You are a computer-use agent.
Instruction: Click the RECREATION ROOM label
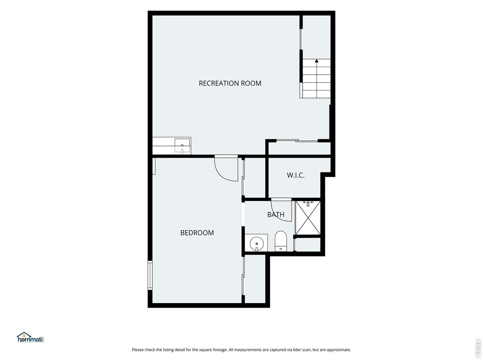(x=230, y=83)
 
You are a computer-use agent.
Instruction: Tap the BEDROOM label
(x=197, y=233)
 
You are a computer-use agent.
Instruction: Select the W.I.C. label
(x=295, y=175)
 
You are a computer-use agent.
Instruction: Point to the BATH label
(x=276, y=214)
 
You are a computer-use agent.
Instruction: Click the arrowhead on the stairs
(x=317, y=61)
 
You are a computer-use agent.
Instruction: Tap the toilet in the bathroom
(x=281, y=241)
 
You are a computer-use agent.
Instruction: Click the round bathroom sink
(x=257, y=244)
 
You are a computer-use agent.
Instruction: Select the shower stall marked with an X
(x=308, y=218)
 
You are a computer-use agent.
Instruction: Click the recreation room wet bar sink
(x=182, y=146)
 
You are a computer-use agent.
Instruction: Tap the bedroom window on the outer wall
(x=150, y=275)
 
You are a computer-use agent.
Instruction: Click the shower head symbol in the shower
(x=308, y=204)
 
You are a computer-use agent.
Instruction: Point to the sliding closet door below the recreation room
(x=297, y=140)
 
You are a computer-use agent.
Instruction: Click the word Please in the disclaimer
(x=137, y=350)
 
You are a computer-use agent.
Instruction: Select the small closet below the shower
(x=308, y=244)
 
